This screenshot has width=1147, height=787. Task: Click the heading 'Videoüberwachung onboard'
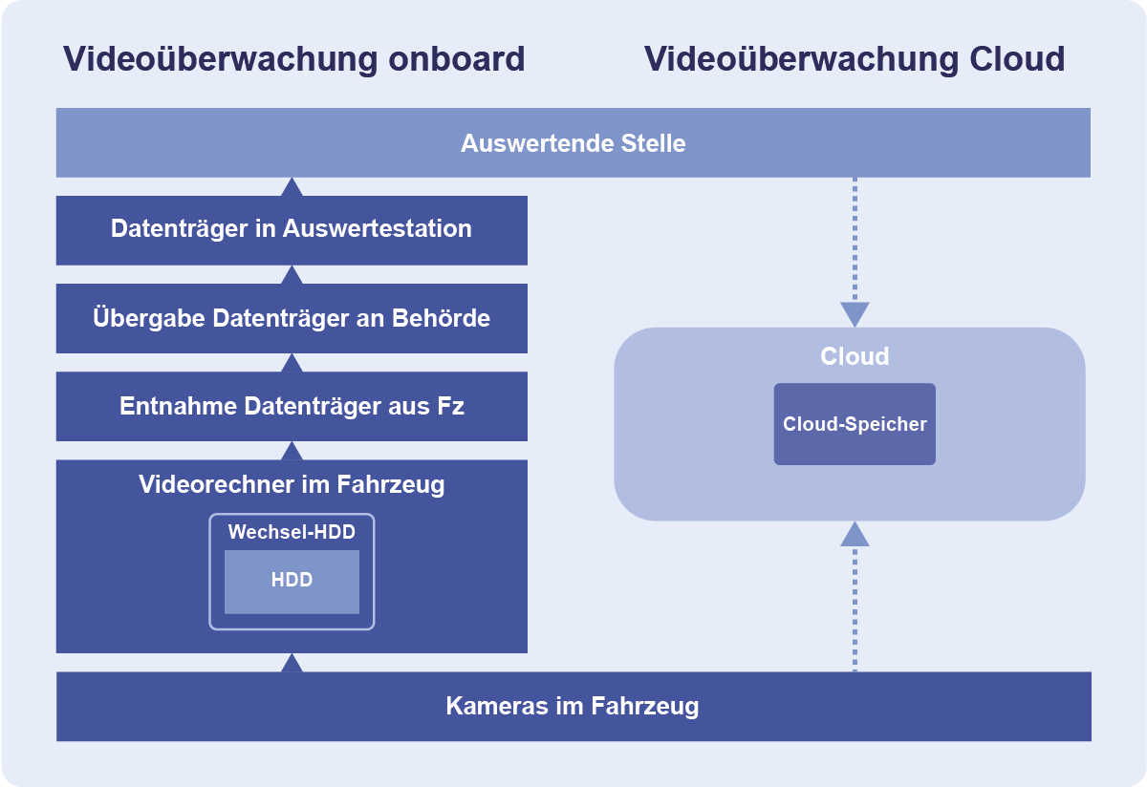tap(293, 59)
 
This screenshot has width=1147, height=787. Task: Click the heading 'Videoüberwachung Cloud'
tap(855, 59)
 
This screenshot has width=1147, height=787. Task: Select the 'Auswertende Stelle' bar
tap(573, 143)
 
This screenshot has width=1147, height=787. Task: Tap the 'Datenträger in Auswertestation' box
tap(292, 229)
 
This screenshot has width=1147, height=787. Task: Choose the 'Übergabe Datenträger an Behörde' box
tap(292, 318)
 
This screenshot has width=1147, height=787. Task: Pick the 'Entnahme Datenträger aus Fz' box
tap(292, 406)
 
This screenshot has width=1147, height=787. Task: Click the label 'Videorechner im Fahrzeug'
tap(292, 484)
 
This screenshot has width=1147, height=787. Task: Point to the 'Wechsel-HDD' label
tap(292, 532)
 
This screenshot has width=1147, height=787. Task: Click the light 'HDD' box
tap(292, 580)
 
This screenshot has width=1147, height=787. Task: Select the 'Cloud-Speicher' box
tap(855, 424)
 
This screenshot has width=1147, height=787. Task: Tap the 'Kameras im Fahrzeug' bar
tap(573, 707)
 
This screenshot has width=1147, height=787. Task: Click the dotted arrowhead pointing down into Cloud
tap(855, 314)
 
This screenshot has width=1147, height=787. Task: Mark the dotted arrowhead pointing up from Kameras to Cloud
tap(855, 534)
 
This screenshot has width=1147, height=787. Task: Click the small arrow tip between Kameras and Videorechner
tap(292, 663)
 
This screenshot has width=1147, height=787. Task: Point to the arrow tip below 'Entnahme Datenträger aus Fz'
tap(292, 451)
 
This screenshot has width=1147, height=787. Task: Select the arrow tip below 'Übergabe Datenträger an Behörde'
tap(292, 363)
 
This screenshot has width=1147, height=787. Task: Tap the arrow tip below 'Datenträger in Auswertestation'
tap(292, 275)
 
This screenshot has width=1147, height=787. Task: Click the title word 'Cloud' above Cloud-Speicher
tap(855, 356)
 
